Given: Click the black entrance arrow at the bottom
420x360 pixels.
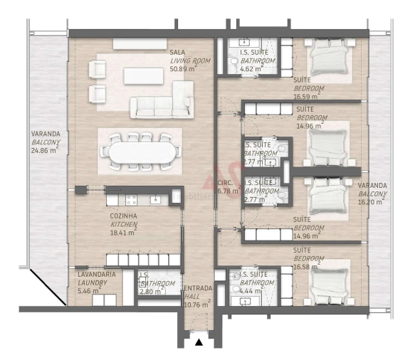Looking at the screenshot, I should coord(199,343).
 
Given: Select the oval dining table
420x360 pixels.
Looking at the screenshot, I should coord(140,152).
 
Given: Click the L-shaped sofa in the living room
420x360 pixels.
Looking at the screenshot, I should coord(163,102).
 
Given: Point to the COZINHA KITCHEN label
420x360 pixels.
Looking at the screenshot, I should coord(124,219).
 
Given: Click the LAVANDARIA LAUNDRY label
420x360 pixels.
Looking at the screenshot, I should coord(93,278).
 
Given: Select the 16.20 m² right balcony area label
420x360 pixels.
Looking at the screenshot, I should coord(372,201).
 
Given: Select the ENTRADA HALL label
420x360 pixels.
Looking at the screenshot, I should coord(197,292).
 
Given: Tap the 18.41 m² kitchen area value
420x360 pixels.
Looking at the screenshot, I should coord(122,232).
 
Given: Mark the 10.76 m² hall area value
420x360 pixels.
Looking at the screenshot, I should coord(196,305).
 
